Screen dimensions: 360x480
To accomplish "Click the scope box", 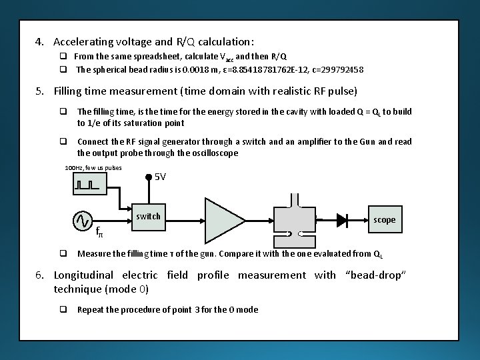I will pyautogui.click(x=384, y=219).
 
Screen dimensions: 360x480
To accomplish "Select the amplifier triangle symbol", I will pyautogui.click(x=225, y=219).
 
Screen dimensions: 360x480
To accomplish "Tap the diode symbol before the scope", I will pyautogui.click(x=343, y=219).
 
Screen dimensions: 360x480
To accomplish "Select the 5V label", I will pyautogui.click(x=160, y=177).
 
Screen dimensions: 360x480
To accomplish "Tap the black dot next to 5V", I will pyautogui.click(x=149, y=177).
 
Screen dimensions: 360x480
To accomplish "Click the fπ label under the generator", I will pyautogui.click(x=99, y=233).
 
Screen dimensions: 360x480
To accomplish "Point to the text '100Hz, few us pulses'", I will pyautogui.click(x=93, y=167).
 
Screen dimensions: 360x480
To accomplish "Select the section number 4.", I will pyautogui.click(x=39, y=42).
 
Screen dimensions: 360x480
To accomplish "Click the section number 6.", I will pyautogui.click(x=39, y=275).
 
